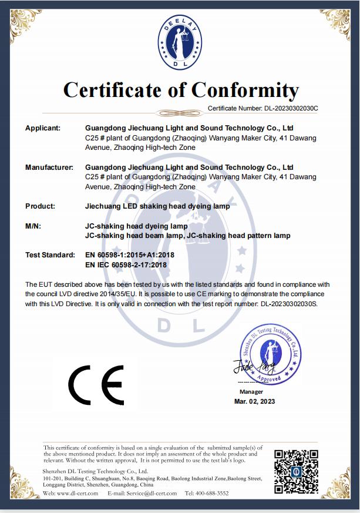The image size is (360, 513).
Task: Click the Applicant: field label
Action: (x=43, y=128)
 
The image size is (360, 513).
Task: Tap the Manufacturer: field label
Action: (x=49, y=167)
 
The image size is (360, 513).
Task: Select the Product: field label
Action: (x=40, y=206)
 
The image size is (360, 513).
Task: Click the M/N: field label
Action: (x=33, y=226)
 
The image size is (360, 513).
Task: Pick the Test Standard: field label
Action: (x=50, y=255)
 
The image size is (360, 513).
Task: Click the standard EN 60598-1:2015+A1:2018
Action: (x=129, y=255)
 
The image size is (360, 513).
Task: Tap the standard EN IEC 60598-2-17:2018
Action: (x=126, y=265)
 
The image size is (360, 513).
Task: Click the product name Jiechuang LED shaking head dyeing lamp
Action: (x=153, y=206)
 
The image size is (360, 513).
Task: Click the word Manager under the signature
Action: (x=251, y=391)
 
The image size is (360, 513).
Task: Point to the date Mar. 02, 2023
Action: (x=254, y=401)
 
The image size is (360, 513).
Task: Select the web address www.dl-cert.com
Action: (x=76, y=493)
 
